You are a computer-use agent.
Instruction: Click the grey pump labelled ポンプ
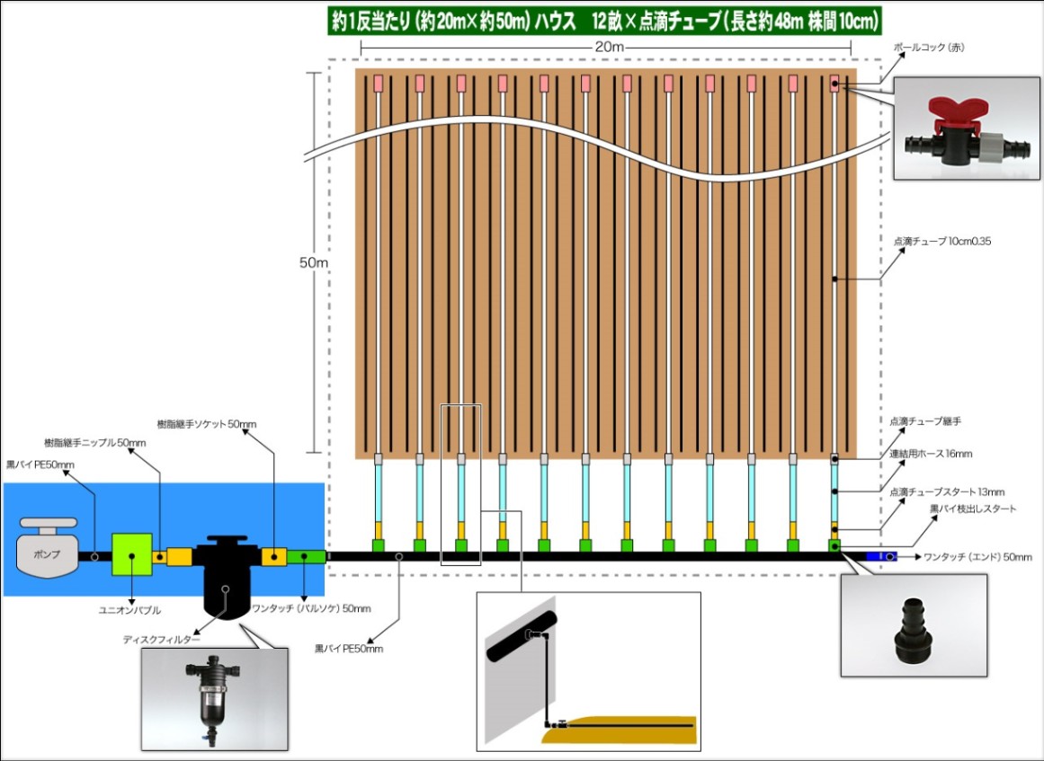coord(48,547)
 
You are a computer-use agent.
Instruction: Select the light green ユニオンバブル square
coord(132,554)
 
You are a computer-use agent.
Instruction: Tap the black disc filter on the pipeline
coord(227,576)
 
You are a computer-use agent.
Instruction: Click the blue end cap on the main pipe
coord(881,556)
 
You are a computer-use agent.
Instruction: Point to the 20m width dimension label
coord(606,48)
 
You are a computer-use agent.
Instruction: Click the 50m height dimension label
coord(314,262)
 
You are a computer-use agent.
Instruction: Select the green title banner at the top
coord(606,22)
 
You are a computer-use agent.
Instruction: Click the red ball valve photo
coord(966,128)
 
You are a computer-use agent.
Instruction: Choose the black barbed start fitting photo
coord(914,625)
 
